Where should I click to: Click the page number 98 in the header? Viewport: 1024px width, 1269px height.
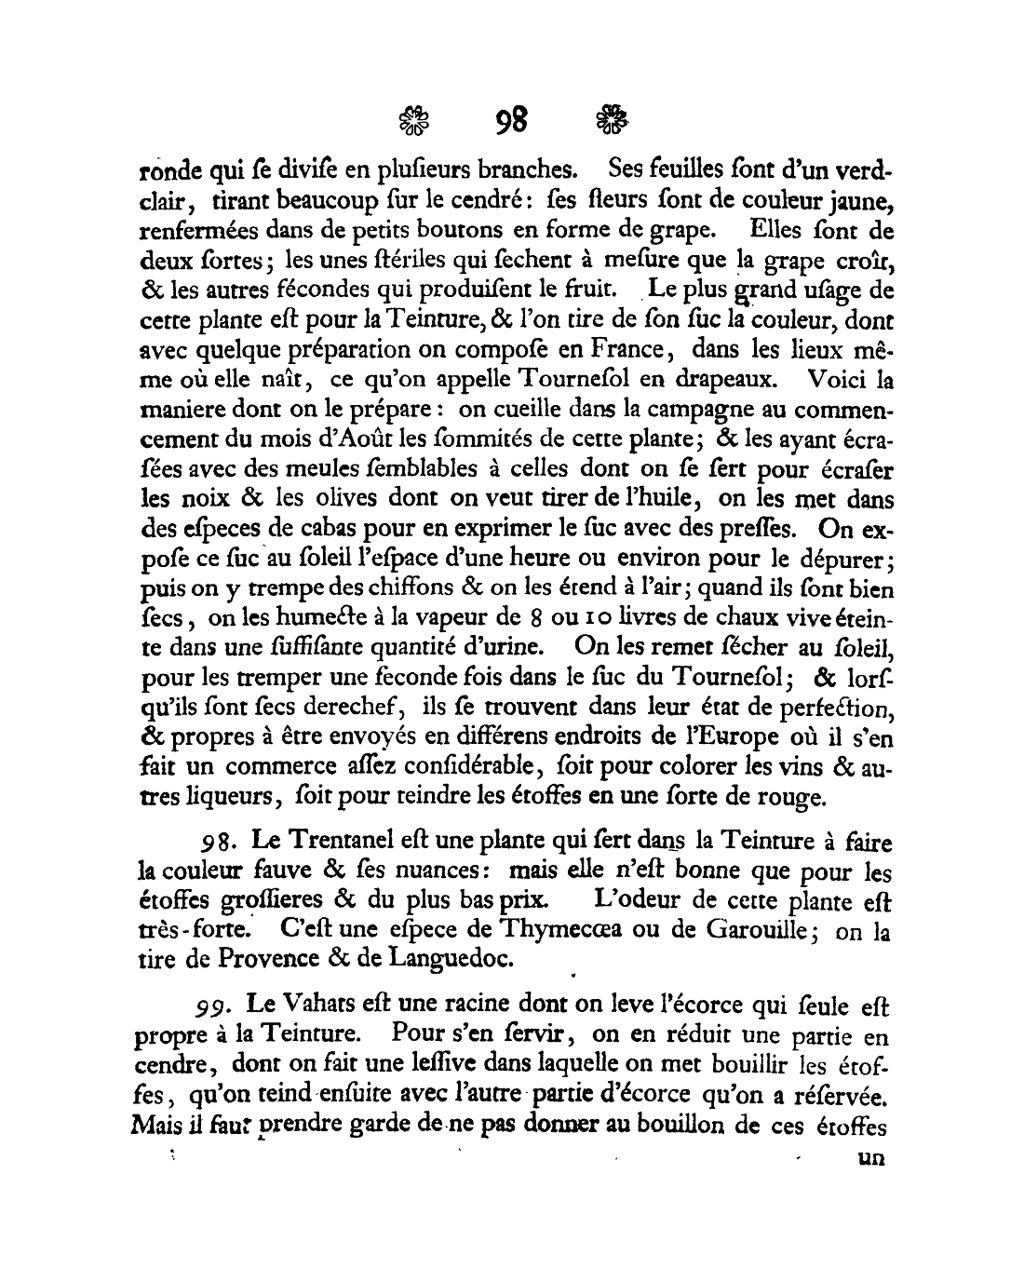(x=512, y=120)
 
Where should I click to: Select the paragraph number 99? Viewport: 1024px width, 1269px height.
(x=210, y=1006)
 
